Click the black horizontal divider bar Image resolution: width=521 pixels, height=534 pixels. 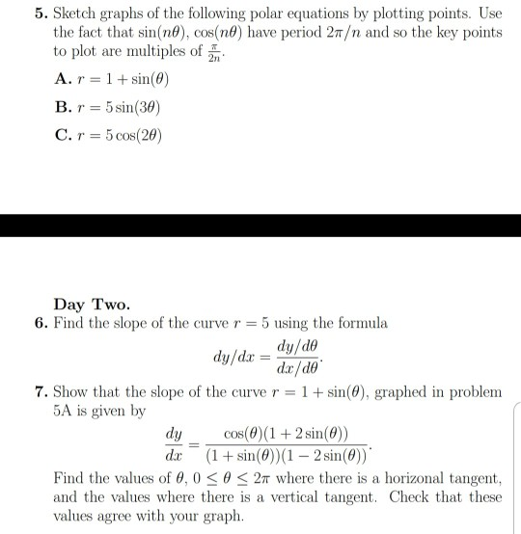click(260, 225)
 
